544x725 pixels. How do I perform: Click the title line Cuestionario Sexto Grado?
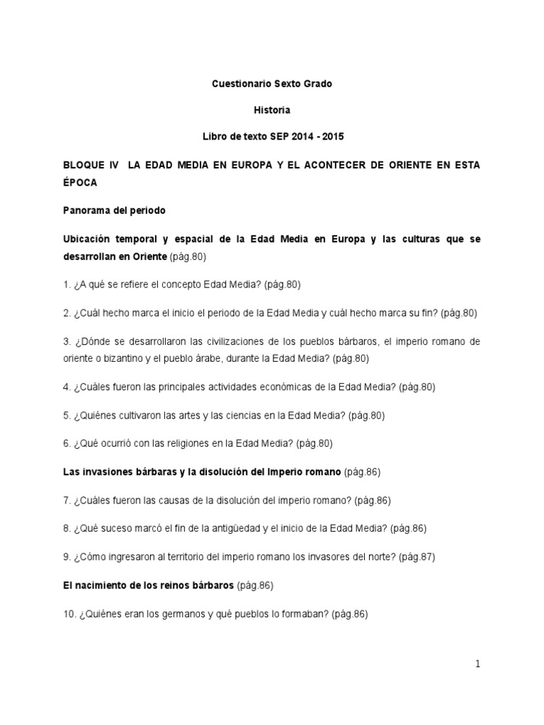[x=272, y=84]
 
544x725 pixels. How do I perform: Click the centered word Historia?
[x=272, y=110]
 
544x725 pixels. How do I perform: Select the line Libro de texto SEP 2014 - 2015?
[x=272, y=136]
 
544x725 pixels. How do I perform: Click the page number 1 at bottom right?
[x=478, y=663]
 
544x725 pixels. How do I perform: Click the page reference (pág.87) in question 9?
[x=416, y=556]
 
